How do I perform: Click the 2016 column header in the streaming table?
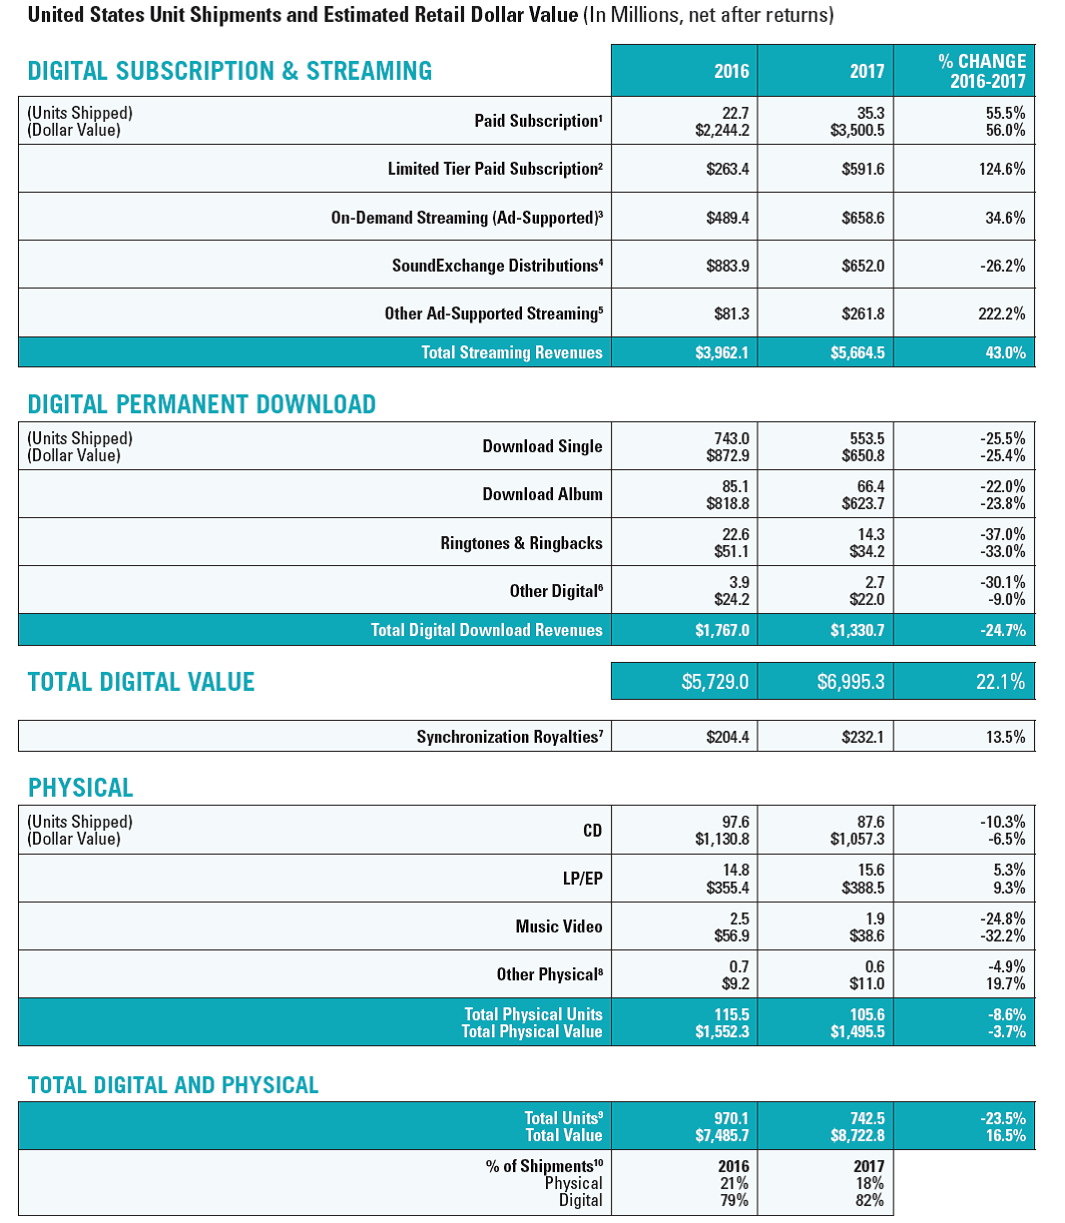coord(731,71)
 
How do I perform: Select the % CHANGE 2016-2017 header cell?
coord(982,71)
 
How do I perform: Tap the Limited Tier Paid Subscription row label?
coord(494,169)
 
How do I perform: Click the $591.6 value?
coord(862,169)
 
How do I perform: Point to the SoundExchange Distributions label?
coord(497,266)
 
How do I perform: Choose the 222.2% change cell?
coord(1002,313)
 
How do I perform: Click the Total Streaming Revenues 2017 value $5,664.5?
coord(857,352)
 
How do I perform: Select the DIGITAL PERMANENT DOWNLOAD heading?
coord(202,404)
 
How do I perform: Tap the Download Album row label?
coord(542,494)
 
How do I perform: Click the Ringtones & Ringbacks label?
coord(521,543)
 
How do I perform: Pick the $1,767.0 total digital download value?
coord(722,630)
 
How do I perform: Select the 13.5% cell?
coord(1005,737)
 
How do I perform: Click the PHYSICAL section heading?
coord(80,788)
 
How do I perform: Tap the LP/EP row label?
coord(582,879)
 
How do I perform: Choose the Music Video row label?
coord(559,926)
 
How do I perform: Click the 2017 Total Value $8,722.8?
coord(857,1135)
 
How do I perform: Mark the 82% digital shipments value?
coord(869,1200)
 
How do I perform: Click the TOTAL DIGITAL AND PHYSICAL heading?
coord(173,1085)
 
